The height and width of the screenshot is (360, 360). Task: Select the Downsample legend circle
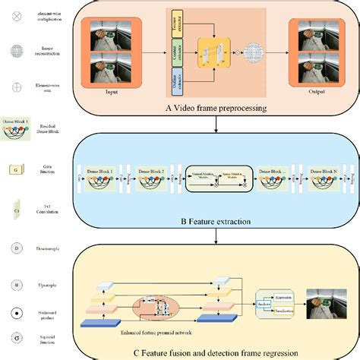[x=17, y=248]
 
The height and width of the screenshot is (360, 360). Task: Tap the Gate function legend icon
[x=16, y=169]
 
